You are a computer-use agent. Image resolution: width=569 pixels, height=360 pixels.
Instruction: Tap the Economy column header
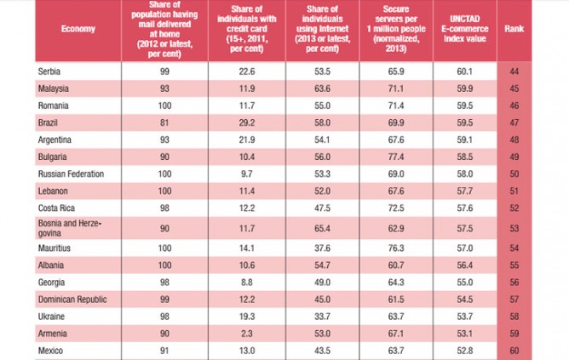[78, 29]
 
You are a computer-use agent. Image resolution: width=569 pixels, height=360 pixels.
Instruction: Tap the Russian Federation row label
[72, 174]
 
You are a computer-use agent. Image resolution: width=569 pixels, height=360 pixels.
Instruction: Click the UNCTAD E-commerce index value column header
[470, 29]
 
